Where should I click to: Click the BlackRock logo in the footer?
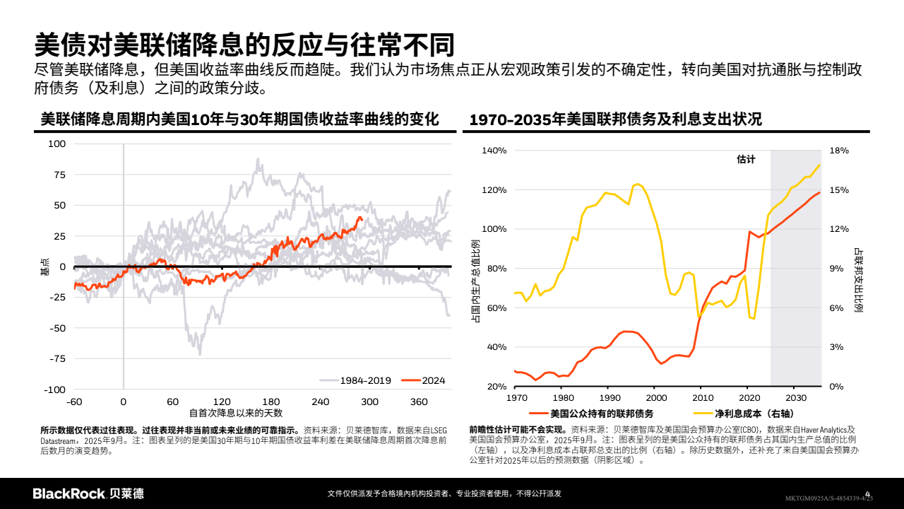(x=88, y=493)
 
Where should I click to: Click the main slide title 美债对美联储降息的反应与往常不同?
(x=243, y=45)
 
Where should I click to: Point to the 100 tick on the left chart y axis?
(x=56, y=144)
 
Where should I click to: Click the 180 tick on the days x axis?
(x=271, y=402)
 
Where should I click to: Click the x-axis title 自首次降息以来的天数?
(x=237, y=413)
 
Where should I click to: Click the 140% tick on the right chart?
(x=494, y=151)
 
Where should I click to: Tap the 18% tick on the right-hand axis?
(x=839, y=151)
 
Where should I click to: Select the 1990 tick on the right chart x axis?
(x=608, y=397)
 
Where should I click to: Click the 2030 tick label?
(x=795, y=397)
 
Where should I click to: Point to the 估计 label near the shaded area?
(x=746, y=159)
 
